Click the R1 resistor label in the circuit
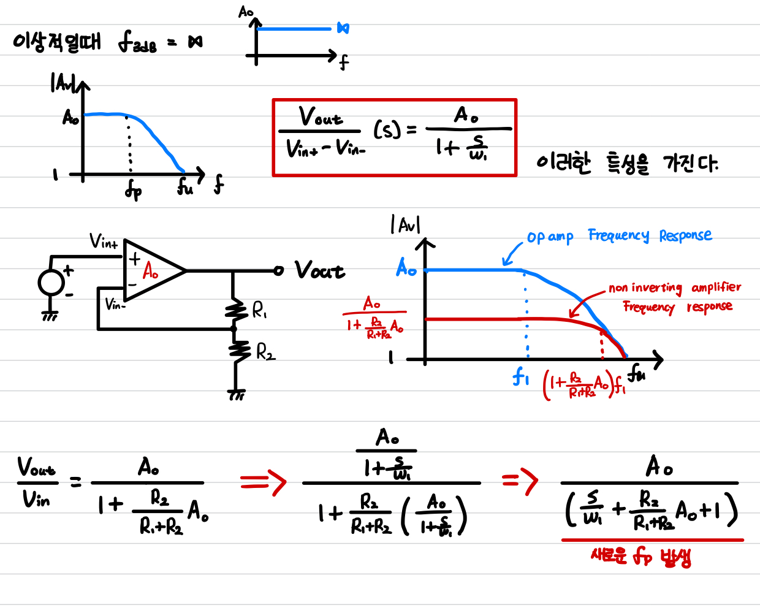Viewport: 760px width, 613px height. [260, 311]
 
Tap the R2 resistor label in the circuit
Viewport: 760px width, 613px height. [265, 352]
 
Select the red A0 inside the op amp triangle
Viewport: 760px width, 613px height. [150, 270]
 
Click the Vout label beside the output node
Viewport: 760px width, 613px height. [319, 270]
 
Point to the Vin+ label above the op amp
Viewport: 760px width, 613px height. [104, 242]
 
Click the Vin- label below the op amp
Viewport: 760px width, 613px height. [115, 304]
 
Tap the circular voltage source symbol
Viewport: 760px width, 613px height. [51, 283]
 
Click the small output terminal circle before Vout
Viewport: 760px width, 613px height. [279, 270]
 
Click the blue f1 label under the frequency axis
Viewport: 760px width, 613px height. [520, 376]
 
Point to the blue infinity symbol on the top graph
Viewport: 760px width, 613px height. [343, 28]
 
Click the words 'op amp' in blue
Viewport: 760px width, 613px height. [550, 237]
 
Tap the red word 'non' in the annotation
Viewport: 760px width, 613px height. [618, 288]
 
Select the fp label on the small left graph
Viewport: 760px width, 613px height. [133, 191]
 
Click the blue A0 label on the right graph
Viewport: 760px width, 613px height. [406, 268]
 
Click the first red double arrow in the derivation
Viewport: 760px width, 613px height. [263, 482]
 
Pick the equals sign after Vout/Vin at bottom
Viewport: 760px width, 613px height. [75, 484]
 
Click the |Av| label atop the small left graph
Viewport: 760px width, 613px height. [64, 83]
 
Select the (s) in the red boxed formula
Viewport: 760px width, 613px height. [387, 129]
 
